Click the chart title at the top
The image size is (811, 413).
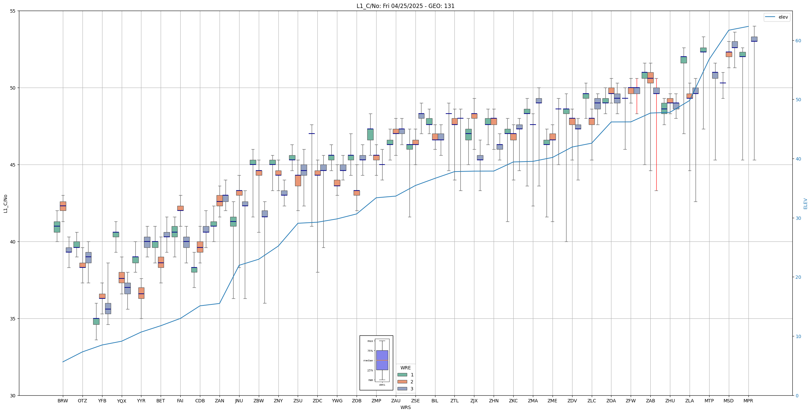(405, 6)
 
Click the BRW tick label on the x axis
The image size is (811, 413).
(63, 401)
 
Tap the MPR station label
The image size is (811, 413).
(748, 401)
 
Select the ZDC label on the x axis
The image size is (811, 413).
(317, 401)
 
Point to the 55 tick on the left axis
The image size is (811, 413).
(13, 11)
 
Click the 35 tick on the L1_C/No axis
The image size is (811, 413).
(13, 319)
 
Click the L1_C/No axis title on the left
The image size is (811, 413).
(5, 204)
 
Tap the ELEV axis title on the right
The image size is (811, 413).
(805, 204)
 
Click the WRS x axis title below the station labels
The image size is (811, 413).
(405, 407)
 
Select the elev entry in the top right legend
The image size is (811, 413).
(776, 17)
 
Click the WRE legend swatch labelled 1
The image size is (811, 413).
(402, 375)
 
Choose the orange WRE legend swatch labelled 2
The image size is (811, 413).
(402, 382)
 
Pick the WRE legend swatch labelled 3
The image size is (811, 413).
(402, 389)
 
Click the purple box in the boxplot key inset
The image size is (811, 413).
(382, 360)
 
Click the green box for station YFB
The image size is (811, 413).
(96, 321)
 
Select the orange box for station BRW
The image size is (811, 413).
(63, 206)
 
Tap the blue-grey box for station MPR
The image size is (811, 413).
(754, 39)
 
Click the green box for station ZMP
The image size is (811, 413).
(370, 134)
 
